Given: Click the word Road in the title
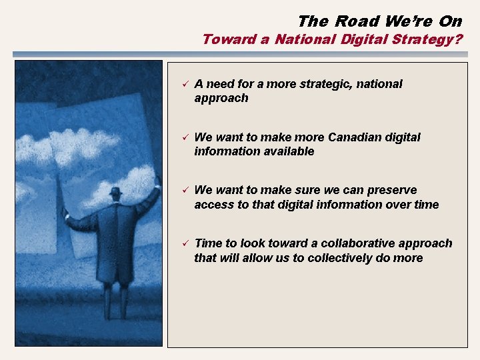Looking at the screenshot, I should (x=357, y=21).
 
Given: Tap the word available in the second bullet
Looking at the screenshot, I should (x=287, y=151).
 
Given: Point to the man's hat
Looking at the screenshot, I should (x=116, y=192).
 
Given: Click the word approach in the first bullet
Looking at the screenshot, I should (x=221, y=98).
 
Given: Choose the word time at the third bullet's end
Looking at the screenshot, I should (x=426, y=204).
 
